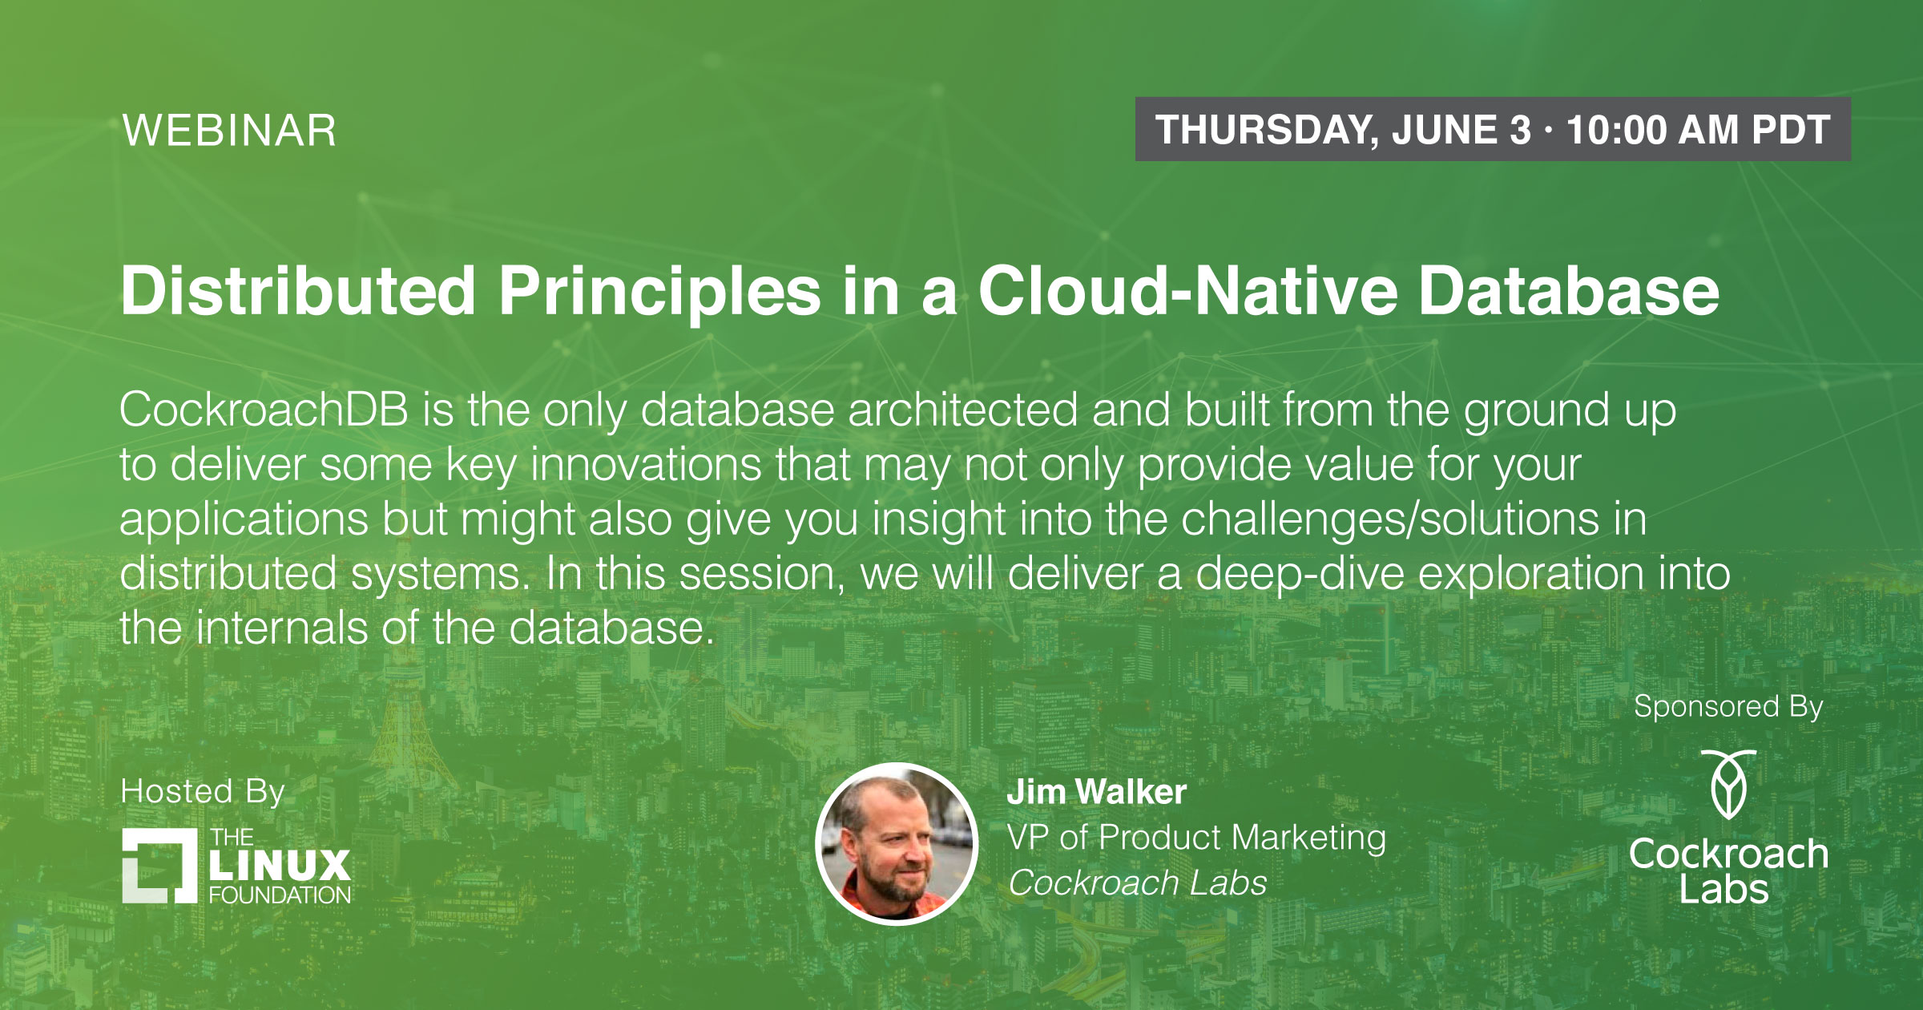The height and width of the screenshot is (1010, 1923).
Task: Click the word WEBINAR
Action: pos(229,131)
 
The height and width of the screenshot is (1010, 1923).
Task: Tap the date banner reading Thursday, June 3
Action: pos(1493,129)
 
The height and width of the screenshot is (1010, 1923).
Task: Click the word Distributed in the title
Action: pos(299,290)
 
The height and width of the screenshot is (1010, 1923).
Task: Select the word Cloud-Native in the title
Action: pos(1188,290)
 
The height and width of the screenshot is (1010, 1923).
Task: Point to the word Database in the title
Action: pos(1569,290)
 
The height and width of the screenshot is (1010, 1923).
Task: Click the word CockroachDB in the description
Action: pos(264,410)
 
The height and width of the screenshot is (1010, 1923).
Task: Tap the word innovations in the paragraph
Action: pos(646,464)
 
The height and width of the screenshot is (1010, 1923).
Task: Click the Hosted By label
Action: pos(203,792)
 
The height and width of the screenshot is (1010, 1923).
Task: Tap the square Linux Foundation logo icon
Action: pos(159,866)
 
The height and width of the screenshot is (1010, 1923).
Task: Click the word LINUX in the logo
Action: pos(280,866)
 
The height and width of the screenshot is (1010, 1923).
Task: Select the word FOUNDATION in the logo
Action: pos(280,895)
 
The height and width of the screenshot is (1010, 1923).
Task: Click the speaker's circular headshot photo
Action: pos(897,844)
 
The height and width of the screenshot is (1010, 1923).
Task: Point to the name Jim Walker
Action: pos(1097,792)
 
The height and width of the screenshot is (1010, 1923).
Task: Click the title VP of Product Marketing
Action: pos(1197,838)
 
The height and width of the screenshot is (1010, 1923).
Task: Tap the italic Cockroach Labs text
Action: pos(1138,883)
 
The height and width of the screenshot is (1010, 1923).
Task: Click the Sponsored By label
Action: pos(1728,707)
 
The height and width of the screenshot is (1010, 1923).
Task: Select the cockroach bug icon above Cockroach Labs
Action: pos(1729,784)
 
